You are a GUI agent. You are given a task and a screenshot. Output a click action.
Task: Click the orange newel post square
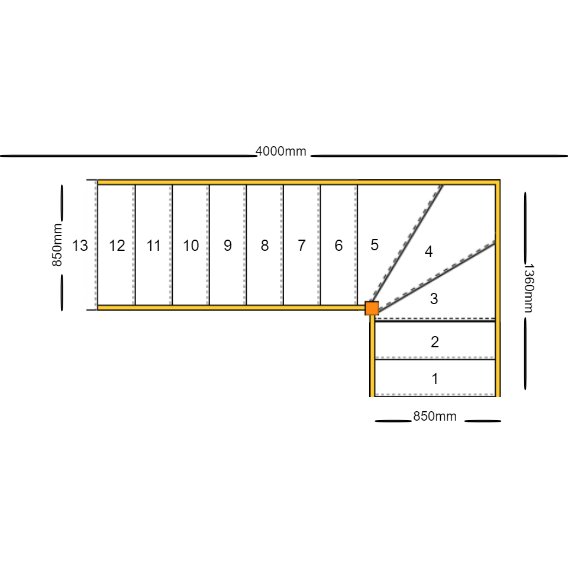372,308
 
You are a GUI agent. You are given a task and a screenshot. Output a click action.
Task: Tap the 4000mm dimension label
280,151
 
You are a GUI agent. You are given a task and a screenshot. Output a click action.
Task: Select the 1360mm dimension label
529,288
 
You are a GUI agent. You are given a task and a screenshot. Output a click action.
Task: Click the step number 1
435,379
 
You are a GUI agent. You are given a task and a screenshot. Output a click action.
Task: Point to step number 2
435,342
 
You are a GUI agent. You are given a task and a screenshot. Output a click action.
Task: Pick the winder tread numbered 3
434,299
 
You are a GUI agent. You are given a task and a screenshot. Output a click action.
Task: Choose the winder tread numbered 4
428,251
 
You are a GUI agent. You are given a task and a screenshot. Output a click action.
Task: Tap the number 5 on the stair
375,245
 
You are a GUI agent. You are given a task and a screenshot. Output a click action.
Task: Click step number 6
338,246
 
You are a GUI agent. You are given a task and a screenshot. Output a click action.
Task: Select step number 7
301,246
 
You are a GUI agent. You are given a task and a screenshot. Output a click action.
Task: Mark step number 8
264,246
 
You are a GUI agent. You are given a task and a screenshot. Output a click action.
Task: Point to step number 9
227,246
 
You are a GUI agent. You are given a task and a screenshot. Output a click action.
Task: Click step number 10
191,246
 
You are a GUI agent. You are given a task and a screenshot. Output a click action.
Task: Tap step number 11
153,246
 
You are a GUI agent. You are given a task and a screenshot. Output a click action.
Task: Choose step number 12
117,246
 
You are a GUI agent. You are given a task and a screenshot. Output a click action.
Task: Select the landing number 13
80,246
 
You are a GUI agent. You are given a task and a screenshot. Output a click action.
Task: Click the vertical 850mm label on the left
57,245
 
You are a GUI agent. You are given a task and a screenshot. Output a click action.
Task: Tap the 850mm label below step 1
435,417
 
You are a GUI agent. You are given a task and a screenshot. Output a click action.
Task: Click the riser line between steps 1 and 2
435,359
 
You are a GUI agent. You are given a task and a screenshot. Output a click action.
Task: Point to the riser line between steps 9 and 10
209,245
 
